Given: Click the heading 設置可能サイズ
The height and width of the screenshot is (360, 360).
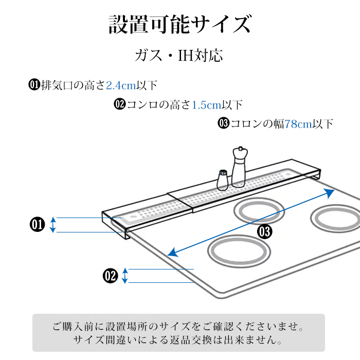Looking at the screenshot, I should (179, 25).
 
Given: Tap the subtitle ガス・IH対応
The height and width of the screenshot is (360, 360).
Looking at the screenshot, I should (179, 56).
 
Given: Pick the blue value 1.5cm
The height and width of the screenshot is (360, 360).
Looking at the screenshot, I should (206, 105).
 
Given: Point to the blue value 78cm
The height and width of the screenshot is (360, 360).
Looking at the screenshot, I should (299, 124).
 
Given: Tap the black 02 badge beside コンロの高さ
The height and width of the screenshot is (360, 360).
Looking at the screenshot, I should (120, 105).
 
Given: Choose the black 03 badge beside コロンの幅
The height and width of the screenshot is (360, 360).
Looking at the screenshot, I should (224, 124).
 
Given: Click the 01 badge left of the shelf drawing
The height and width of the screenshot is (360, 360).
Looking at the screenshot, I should (38, 225).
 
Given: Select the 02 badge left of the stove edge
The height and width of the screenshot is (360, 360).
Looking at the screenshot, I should (111, 276).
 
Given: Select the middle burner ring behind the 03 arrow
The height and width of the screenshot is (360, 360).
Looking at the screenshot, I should (260, 211).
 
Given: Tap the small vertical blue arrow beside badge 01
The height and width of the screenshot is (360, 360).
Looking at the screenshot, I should (53, 225).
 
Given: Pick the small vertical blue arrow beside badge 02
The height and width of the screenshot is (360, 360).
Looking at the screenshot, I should (125, 276).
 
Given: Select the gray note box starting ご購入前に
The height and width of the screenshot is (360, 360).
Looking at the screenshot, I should (178, 333).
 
